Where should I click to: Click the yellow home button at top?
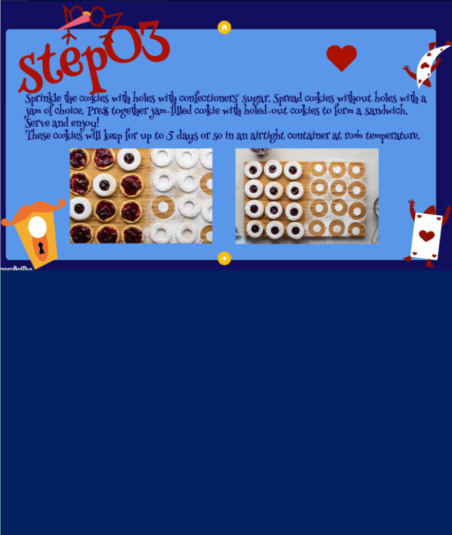coord(224,28)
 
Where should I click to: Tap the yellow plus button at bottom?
coord(224,258)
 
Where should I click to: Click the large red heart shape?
coord(342,57)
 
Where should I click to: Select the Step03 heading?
coord(94,57)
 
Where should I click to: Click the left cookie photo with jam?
coord(141,196)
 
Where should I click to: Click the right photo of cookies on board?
coord(307,196)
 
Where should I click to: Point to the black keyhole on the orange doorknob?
coord(41,248)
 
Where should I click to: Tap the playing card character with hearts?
coord(426,234)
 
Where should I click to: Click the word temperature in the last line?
coord(392,136)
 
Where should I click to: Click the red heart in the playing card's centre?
coord(427,236)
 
